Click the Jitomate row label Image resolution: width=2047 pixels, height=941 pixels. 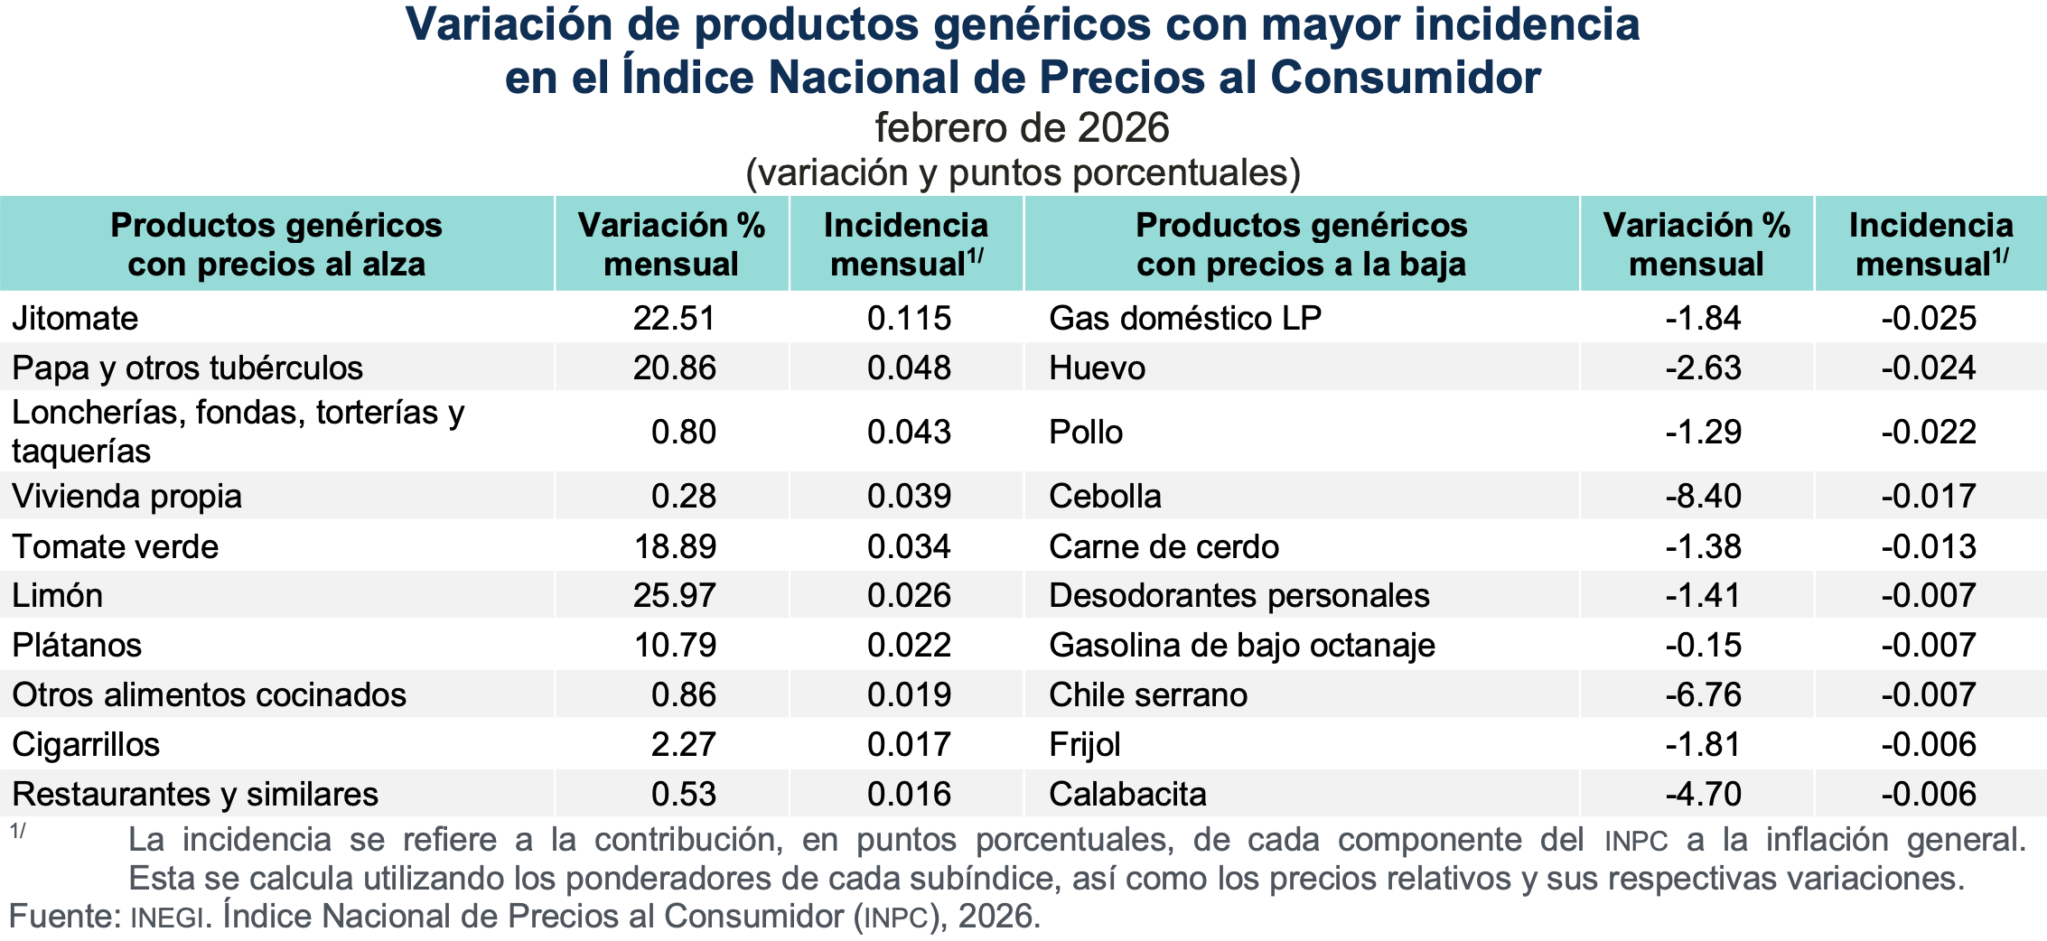pos(75,319)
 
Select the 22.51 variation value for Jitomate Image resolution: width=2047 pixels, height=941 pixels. pos(674,319)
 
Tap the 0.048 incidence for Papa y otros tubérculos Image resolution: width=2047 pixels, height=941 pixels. pos(909,368)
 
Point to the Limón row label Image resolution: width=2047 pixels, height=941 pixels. pos(58,596)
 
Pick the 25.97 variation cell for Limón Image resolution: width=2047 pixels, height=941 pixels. pos(674,596)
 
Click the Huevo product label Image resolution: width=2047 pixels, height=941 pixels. pos(1097,368)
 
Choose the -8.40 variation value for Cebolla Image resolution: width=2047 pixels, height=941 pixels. pos(1703,497)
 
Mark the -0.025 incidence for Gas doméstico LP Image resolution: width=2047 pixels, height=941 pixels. pos(1929,319)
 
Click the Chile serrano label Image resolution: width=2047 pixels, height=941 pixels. pos(1148,695)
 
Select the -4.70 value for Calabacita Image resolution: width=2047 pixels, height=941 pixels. pos(1703,795)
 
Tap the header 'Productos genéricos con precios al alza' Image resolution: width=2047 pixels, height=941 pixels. pos(276,245)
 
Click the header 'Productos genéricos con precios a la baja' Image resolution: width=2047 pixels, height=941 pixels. pos(1301,245)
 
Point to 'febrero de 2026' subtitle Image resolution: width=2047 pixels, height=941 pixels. pos(1022,128)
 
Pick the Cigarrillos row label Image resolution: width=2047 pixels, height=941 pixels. pos(86,745)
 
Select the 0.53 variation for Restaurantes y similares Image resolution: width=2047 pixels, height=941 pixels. pos(684,795)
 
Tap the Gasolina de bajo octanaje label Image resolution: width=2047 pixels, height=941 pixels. pos(1242,646)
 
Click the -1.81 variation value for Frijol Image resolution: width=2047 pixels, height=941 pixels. pos(1703,745)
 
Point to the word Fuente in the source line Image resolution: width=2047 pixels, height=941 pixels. pos(63,917)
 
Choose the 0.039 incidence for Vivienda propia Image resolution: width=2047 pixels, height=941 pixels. pos(909,497)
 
